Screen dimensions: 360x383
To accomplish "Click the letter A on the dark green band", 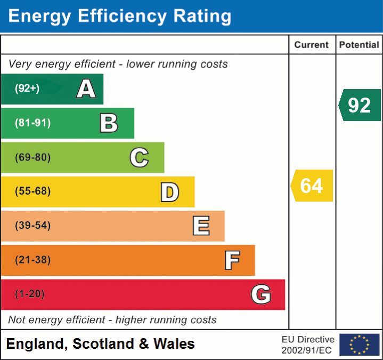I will point(86,89).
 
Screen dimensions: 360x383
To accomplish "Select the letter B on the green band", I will point(109,123).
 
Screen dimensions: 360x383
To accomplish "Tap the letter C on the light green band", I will point(139,157).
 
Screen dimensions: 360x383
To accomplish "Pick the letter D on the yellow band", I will point(169,192).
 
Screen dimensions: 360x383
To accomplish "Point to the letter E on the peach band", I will point(201,226).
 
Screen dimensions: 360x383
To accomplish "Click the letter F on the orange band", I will point(232,260).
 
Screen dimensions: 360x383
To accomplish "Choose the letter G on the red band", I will point(261,294).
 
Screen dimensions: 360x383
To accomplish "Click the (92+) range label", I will point(27,89).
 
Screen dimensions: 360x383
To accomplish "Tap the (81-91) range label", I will point(33,123).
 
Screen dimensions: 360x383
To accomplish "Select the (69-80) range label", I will point(33,157).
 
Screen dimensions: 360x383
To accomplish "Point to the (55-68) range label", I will point(33,191).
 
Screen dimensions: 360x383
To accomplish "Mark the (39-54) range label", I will point(33,226).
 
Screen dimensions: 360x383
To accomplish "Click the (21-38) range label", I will point(33,260).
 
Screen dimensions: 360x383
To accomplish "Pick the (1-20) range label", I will point(30,294).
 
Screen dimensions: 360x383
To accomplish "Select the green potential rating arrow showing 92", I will point(360,105).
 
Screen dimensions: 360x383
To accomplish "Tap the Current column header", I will point(312,45).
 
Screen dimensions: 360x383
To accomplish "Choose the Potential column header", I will point(359,45).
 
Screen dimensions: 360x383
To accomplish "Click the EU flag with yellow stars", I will point(359,345).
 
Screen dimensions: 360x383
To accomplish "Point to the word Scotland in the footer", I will point(102,344).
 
